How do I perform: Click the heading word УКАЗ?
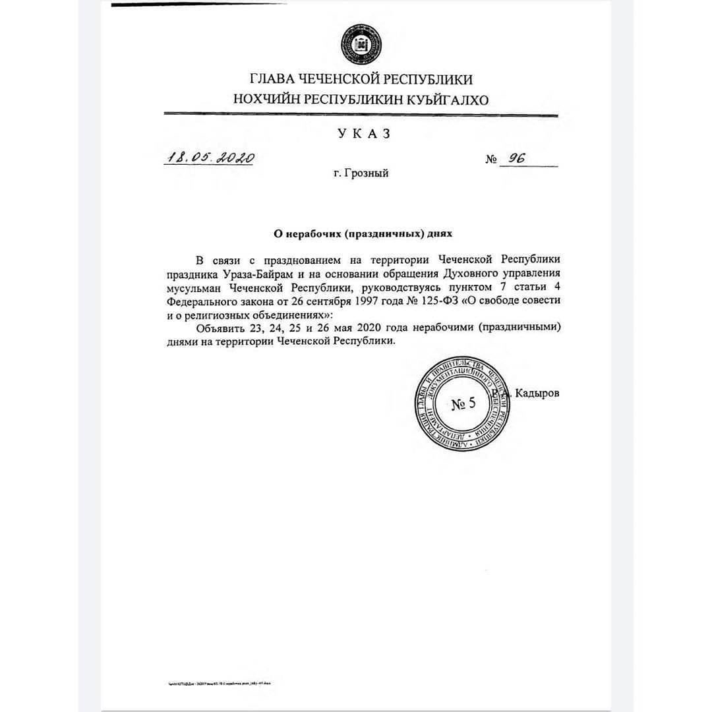coord(364,133)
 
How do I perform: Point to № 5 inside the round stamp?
coord(463,404)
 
